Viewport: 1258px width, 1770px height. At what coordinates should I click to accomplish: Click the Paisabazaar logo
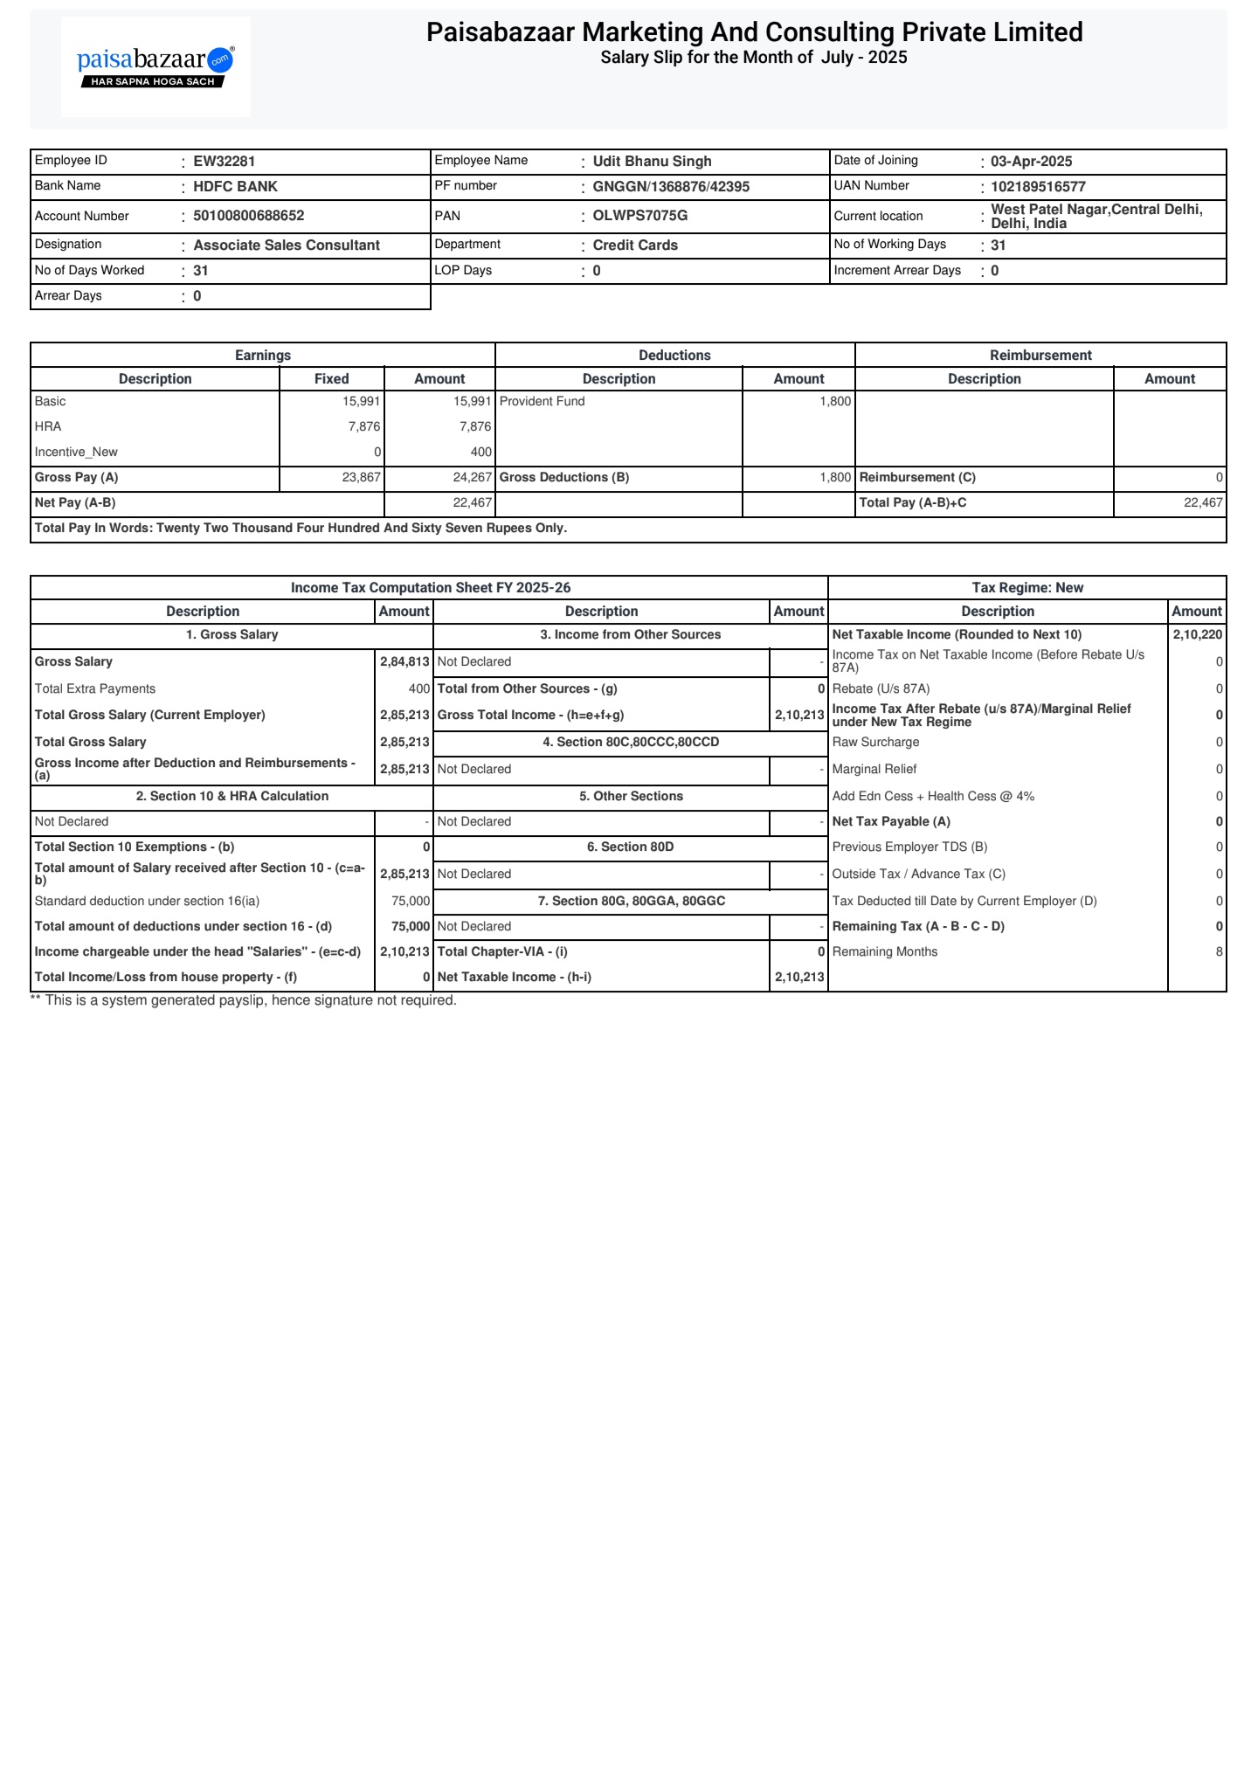[x=156, y=66]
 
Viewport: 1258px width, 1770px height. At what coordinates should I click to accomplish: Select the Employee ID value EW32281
[x=224, y=162]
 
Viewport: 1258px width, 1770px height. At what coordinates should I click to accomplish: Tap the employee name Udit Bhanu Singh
[x=652, y=162]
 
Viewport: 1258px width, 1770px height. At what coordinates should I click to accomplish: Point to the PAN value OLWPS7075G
[x=639, y=216]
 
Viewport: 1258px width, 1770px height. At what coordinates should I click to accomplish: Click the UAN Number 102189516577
[x=1038, y=187]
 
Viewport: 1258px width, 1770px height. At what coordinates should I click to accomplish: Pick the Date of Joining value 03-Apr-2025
[x=1031, y=162]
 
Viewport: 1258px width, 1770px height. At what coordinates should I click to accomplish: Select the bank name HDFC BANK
[x=235, y=187]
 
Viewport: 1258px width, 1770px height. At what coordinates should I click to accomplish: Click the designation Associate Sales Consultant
[x=287, y=245]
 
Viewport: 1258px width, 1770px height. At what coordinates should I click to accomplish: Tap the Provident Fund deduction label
[x=542, y=402]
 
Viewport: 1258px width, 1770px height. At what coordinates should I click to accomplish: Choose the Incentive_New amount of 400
[x=480, y=453]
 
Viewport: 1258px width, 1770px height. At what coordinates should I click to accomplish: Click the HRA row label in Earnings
[x=48, y=427]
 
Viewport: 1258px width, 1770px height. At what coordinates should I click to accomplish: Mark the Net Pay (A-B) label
[x=75, y=503]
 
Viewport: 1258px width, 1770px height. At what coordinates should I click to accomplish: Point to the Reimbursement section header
[x=1040, y=356]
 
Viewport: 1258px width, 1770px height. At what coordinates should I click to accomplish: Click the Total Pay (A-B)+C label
[x=913, y=503]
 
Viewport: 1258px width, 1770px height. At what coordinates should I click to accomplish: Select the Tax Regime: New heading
[x=1027, y=588]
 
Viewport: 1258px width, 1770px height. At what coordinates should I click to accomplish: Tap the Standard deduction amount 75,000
[x=411, y=902]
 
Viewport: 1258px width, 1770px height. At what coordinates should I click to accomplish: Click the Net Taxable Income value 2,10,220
[x=1197, y=635]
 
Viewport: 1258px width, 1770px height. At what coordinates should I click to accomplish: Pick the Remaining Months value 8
[x=1219, y=952]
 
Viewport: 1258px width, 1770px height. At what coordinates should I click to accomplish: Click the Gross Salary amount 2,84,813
[x=404, y=662]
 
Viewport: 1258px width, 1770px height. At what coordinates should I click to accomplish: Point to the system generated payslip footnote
[x=244, y=1001]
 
